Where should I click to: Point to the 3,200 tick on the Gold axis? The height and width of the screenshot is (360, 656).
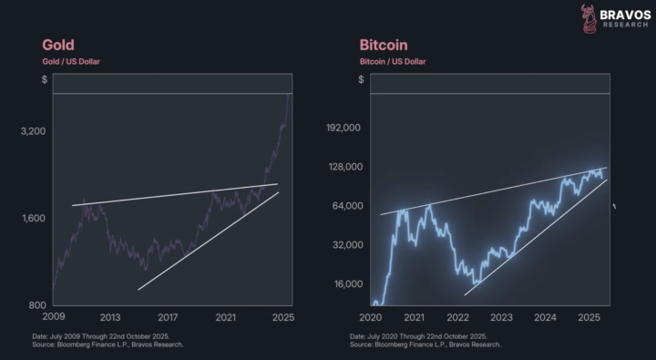tap(33, 131)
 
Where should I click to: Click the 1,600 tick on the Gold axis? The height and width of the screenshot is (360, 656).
tap(33, 219)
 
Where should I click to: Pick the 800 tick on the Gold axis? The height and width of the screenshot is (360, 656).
tap(37, 304)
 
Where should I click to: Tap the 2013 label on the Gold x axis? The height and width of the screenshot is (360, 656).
tap(110, 317)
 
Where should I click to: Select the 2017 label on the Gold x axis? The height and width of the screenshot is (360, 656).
tap(169, 317)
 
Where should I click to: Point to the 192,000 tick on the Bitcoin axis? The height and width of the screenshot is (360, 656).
tap(343, 129)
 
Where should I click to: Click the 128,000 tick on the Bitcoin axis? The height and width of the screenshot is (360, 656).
tap(343, 167)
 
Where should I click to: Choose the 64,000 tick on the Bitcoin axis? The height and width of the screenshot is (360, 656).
tap(346, 206)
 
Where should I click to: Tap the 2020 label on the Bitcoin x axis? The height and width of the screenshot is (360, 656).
tap(371, 317)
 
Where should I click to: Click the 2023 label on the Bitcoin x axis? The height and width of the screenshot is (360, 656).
tap(502, 317)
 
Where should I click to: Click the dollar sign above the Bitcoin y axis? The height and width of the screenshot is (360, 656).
tap(362, 80)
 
